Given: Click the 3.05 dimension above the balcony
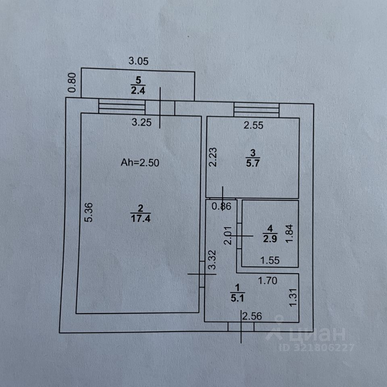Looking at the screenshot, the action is point(139,62).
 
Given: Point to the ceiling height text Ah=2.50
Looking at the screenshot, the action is point(141,163).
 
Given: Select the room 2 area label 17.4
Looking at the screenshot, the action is point(141,219).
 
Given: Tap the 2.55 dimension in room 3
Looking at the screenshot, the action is point(254,125).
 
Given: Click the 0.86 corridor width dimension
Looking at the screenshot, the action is point(221,207).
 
